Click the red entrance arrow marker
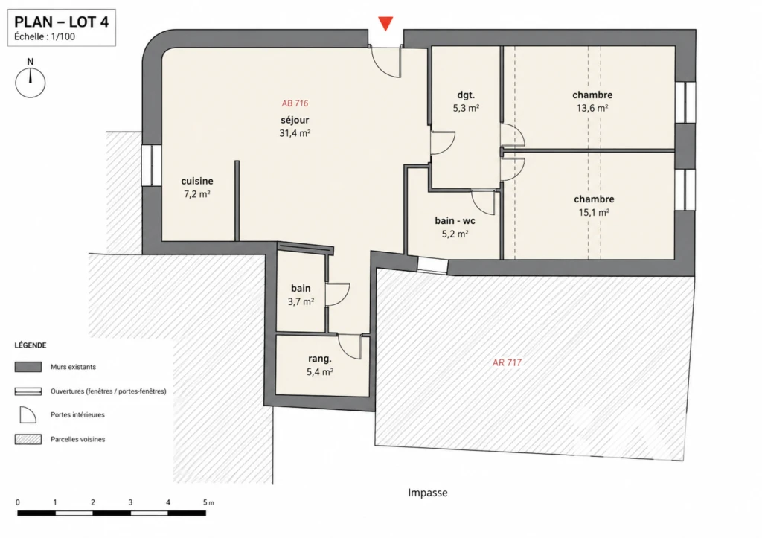point(386,23)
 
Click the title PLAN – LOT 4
point(62,22)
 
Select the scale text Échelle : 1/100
point(45,37)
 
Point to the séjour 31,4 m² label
point(295,127)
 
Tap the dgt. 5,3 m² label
point(466,101)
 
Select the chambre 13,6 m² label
point(592,101)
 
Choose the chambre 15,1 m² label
point(594,205)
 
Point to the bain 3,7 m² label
point(301,295)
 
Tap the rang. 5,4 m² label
point(320,365)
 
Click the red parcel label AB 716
point(295,103)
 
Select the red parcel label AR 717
point(507,362)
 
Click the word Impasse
point(428,493)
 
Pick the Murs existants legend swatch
point(28,367)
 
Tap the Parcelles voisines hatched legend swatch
point(28,439)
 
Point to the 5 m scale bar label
point(208,502)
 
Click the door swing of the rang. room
point(350,347)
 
